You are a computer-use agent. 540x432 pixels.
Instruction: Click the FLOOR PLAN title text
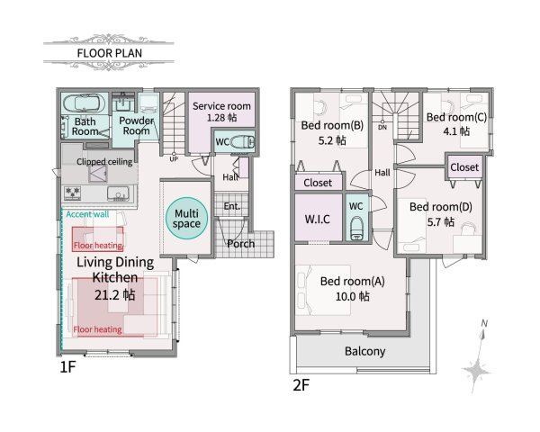[107, 52]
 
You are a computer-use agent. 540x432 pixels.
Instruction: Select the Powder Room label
[135, 125]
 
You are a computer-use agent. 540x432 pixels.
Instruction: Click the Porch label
[240, 244]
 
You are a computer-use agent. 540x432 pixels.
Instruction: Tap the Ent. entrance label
[231, 207]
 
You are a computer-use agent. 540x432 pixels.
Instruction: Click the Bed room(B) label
[332, 125]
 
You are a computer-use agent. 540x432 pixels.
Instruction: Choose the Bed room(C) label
[456, 117]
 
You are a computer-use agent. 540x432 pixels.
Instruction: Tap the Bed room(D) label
[440, 206]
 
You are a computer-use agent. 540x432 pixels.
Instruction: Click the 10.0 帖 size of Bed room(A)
[353, 295]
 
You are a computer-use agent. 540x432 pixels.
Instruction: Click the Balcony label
[366, 351]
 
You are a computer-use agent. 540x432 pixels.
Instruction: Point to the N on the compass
[484, 322]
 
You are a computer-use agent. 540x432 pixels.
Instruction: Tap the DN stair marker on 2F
[382, 127]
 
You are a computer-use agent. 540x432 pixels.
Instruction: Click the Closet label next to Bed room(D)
[464, 167]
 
